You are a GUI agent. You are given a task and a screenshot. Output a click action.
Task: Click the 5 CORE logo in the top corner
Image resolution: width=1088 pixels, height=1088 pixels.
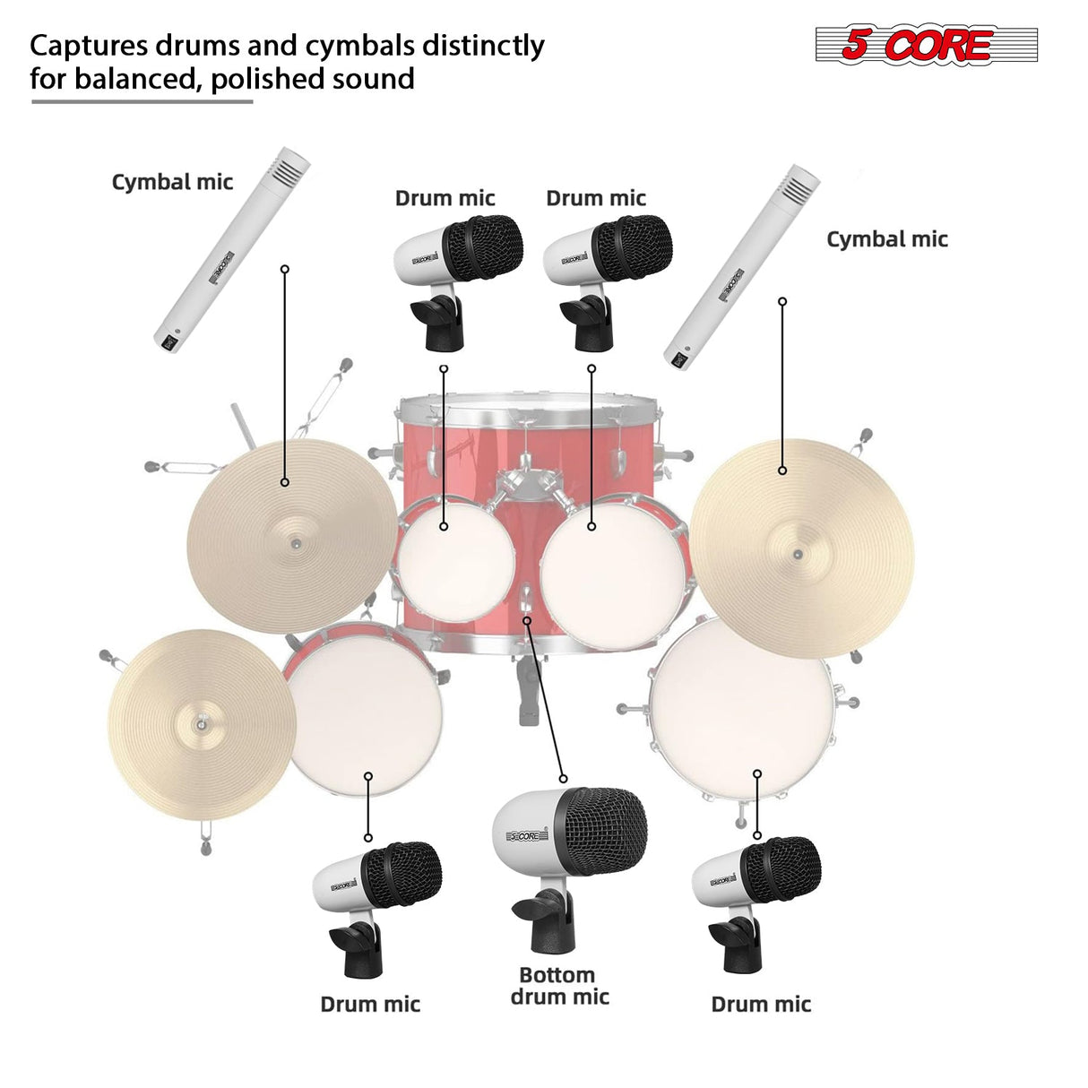925,45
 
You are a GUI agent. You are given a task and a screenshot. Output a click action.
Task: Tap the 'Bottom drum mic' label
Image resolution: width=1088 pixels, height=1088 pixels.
559,986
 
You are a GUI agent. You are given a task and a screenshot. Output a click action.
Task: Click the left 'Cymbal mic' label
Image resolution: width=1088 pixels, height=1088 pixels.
172,182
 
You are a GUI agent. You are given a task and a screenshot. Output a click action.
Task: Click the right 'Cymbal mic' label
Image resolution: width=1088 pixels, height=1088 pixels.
886,239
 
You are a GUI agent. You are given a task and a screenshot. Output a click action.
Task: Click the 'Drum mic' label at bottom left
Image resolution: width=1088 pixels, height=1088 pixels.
370,1004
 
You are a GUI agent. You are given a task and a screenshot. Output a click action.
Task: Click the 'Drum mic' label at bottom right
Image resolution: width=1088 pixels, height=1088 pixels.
760,1004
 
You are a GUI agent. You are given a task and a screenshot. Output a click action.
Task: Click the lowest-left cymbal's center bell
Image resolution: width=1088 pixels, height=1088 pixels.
202,722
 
